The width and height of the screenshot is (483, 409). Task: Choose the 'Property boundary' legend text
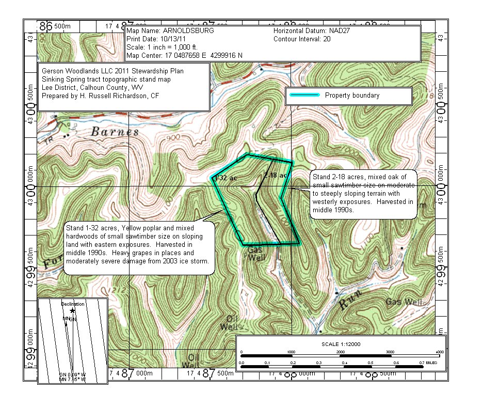click(352, 96)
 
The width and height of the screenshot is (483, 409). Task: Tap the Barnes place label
click(115, 132)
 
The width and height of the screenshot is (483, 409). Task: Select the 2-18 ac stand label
click(275, 176)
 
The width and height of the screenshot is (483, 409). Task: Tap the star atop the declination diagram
click(72, 311)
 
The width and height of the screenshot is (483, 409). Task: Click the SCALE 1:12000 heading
click(341, 344)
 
